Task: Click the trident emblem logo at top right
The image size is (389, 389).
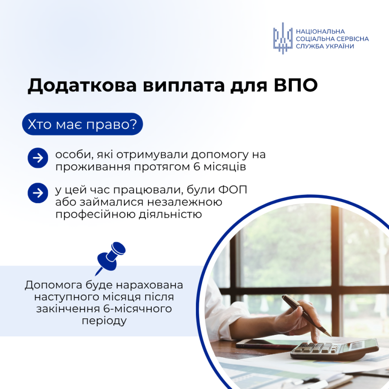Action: coord(283,38)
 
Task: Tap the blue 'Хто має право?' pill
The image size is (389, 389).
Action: coord(82,124)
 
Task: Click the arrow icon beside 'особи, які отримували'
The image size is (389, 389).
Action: coord(38,158)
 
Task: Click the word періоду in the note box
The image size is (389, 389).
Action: coord(104,321)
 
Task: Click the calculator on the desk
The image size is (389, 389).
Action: coord(332,350)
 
